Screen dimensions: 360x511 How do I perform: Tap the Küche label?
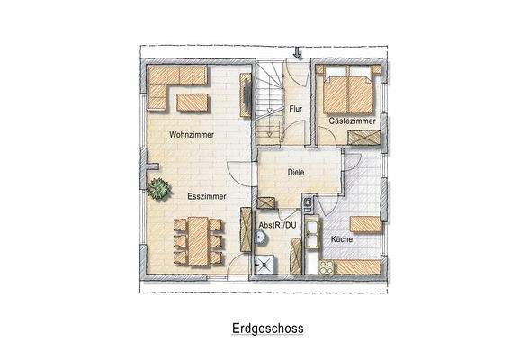(341, 239)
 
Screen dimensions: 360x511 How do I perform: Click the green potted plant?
(160, 189)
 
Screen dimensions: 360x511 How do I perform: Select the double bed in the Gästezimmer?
(345, 90)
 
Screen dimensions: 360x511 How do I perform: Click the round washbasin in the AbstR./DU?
(261, 237)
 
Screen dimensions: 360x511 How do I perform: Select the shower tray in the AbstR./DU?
(265, 263)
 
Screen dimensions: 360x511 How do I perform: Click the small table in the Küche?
(363, 224)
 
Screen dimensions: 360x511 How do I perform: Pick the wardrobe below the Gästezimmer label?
(363, 138)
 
